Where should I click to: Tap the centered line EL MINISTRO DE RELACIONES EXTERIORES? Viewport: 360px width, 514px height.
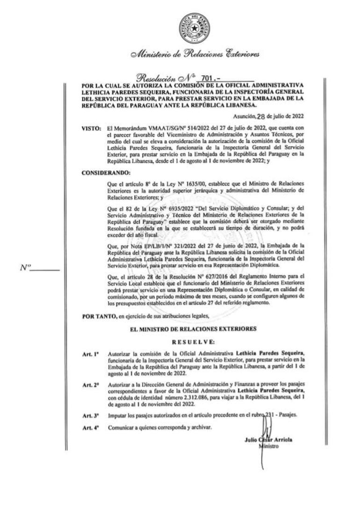(x=194, y=329)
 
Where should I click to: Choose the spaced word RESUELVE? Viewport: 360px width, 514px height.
(x=194, y=342)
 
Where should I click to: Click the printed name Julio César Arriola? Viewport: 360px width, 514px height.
(x=271, y=441)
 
